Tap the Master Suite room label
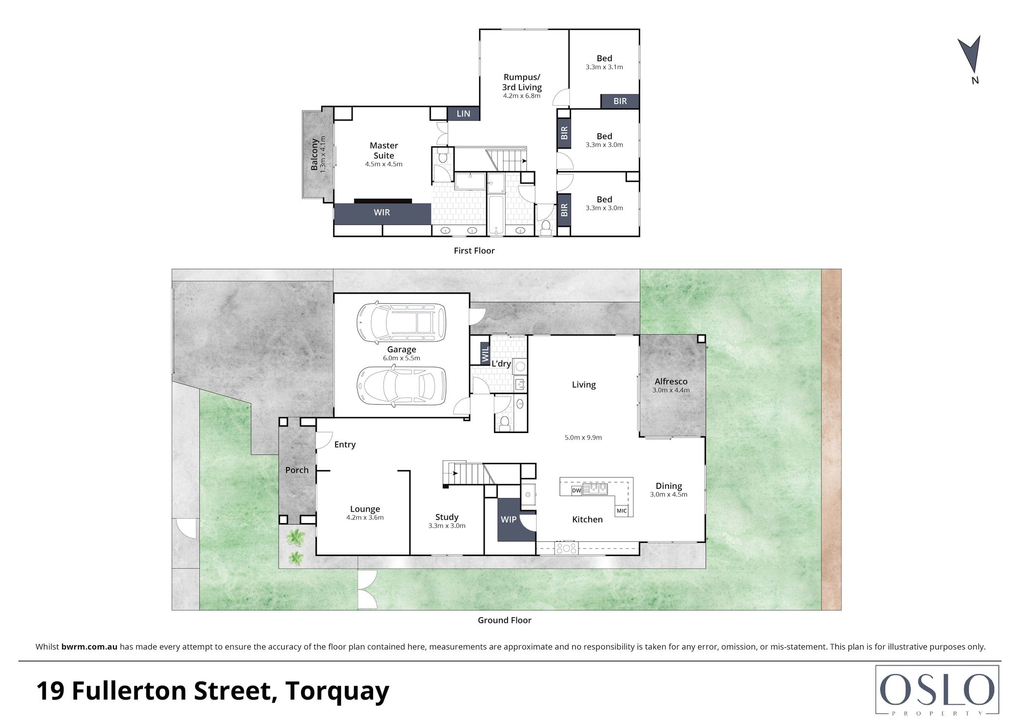(x=384, y=151)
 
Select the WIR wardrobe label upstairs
(x=382, y=212)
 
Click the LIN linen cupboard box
(x=463, y=114)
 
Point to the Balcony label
(x=314, y=154)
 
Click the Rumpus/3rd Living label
(x=522, y=82)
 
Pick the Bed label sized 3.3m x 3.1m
(x=604, y=58)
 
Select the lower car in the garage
(x=401, y=386)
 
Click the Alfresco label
(x=671, y=382)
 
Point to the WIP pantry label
(x=509, y=520)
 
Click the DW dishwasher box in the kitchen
(x=576, y=490)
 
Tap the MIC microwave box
(x=622, y=511)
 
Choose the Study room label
(x=447, y=517)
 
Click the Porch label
(x=297, y=470)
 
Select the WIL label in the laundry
(x=485, y=354)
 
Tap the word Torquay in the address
(x=338, y=691)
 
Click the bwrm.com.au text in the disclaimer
(x=89, y=647)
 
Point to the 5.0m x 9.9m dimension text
(x=583, y=437)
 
